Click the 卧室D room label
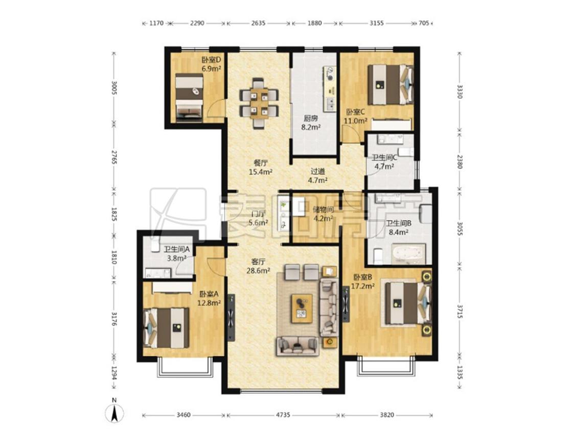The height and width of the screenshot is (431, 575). click(x=211, y=60)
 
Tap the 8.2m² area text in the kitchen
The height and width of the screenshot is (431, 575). click(x=311, y=128)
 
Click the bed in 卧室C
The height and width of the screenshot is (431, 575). click(x=390, y=85)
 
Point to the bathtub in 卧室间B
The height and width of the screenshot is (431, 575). click(x=408, y=254)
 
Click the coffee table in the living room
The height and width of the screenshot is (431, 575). click(x=302, y=308)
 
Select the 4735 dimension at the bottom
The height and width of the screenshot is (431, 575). click(x=283, y=415)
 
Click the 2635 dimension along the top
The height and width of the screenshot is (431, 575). click(x=259, y=23)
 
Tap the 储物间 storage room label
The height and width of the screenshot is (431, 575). click(x=323, y=210)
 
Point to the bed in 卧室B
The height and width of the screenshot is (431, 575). click(x=407, y=304)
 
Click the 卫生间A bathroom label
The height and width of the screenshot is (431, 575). click(x=176, y=250)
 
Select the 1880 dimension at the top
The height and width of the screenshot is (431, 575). click(x=314, y=23)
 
